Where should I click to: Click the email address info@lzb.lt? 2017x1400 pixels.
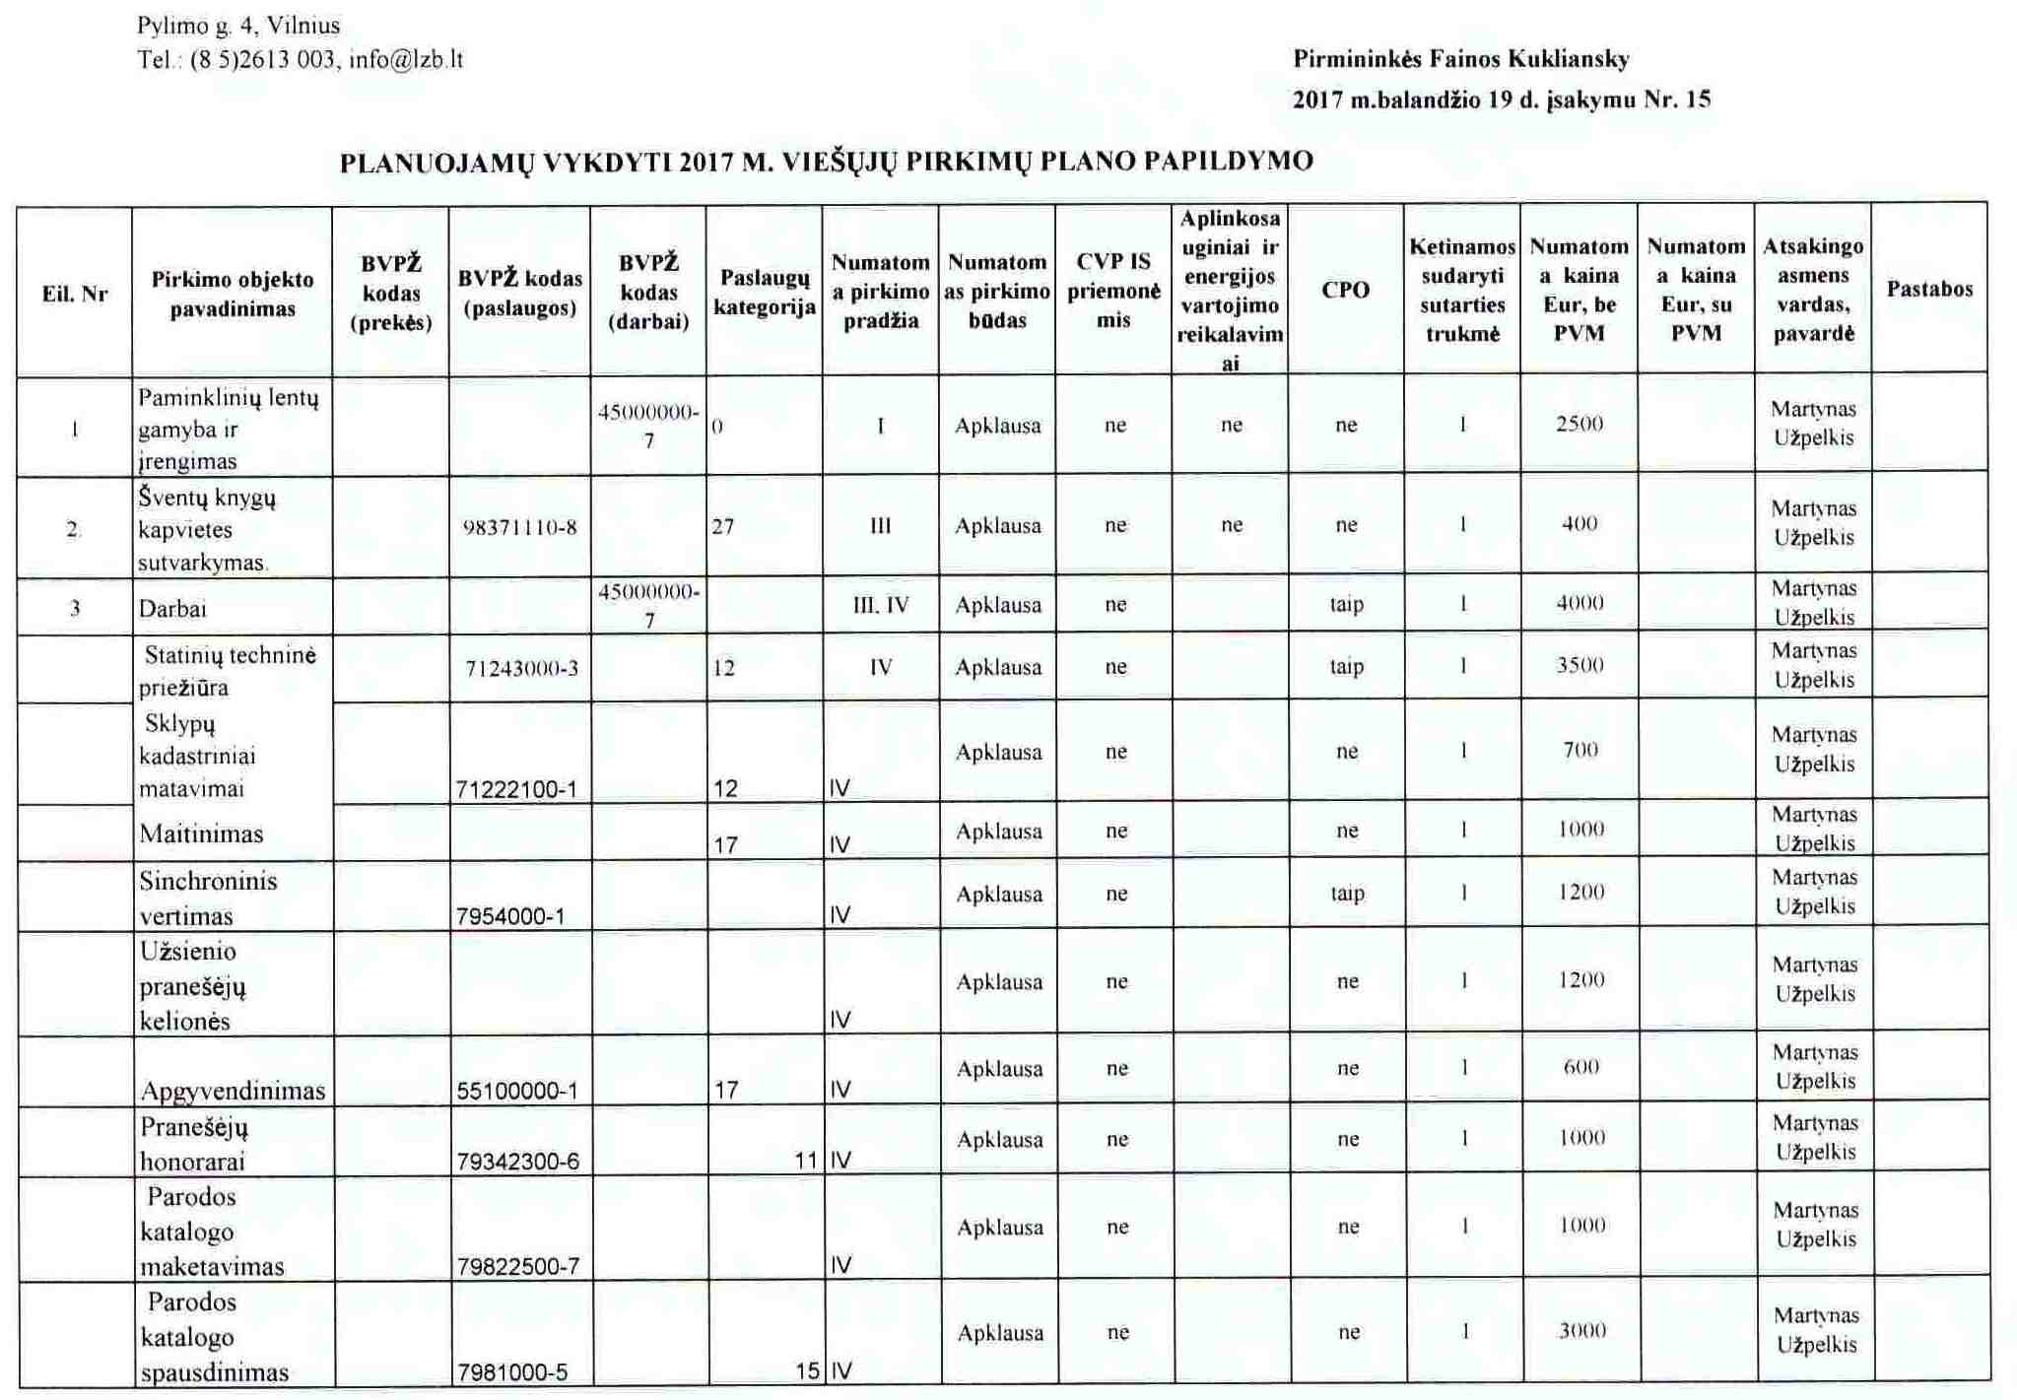coord(405,60)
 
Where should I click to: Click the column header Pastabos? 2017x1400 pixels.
coord(1929,290)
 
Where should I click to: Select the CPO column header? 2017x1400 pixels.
coord(1346,290)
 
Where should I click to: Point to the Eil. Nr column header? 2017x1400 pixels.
coord(75,294)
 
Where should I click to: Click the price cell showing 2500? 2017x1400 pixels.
coord(1580,425)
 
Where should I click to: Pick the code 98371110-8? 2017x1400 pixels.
coord(519,527)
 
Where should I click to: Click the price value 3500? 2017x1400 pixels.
coord(1580,665)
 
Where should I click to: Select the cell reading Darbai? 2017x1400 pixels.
coord(173,609)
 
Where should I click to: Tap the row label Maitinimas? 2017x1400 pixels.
coord(201,833)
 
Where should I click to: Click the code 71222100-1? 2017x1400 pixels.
coord(516,789)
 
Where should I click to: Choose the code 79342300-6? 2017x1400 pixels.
coord(518,1162)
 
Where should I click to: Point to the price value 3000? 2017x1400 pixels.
coord(1582,1331)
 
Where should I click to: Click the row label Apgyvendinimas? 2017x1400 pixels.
coord(233,1091)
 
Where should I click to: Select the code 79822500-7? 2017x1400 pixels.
coord(518,1266)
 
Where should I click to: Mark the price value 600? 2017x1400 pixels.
coord(1581,1067)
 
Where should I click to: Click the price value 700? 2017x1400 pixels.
coord(1580,750)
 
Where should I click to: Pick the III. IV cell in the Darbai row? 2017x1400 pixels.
coord(881,605)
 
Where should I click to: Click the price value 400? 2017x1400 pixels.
coord(1580,524)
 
